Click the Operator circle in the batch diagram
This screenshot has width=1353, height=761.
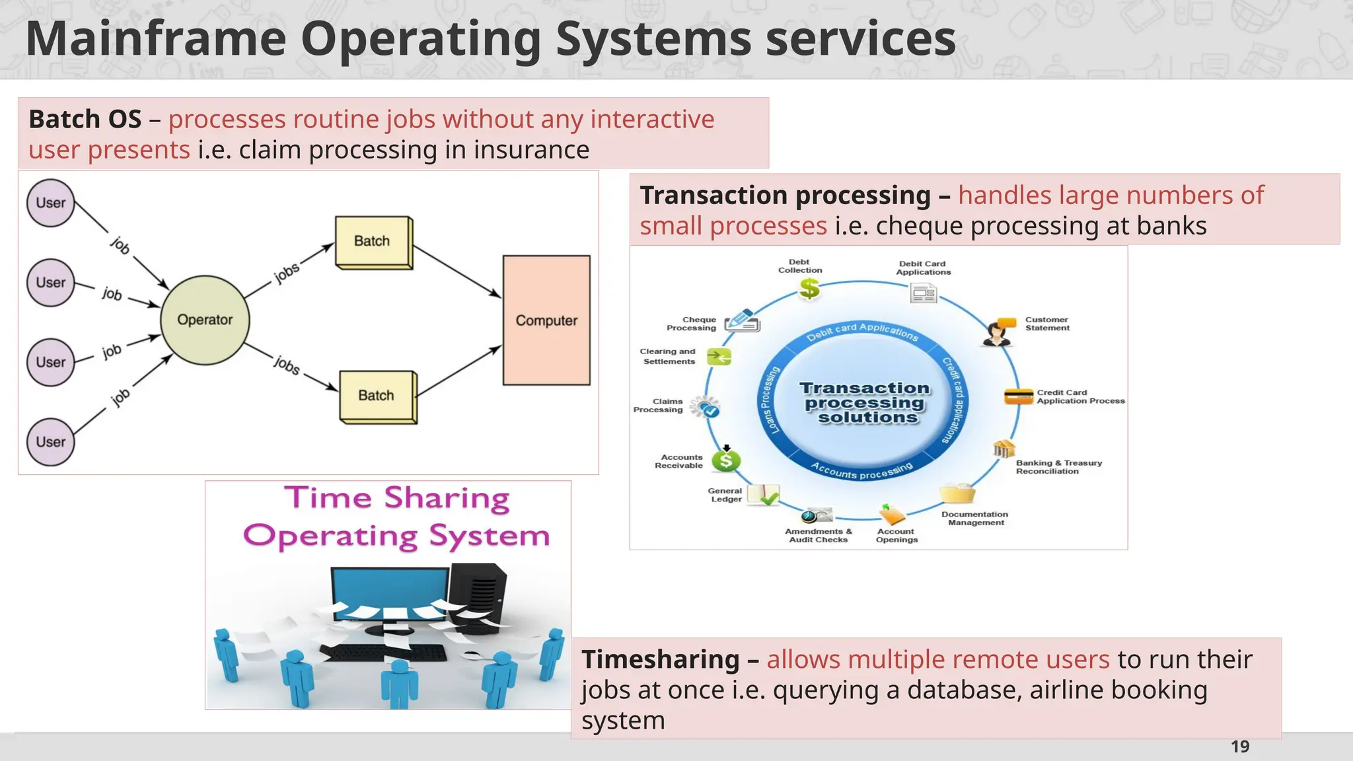[205, 320]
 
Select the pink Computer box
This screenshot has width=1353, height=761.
[546, 320]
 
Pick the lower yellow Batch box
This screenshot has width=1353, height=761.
[377, 396]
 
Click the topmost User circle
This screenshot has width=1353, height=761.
[51, 203]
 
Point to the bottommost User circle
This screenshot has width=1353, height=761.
[51, 442]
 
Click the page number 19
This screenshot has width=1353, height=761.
[1240, 747]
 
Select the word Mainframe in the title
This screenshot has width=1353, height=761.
[156, 40]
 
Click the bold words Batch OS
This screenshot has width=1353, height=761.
[85, 120]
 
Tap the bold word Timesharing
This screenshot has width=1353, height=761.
[660, 659]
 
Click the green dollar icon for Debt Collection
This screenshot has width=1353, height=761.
[809, 289]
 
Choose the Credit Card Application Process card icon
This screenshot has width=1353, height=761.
[1018, 396]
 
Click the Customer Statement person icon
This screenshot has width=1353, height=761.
[997, 332]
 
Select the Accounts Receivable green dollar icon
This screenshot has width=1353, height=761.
[726, 460]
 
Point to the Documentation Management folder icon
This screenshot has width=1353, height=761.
[957, 493]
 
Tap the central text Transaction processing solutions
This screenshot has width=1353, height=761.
[865, 402]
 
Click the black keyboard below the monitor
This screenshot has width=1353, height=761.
[383, 653]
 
